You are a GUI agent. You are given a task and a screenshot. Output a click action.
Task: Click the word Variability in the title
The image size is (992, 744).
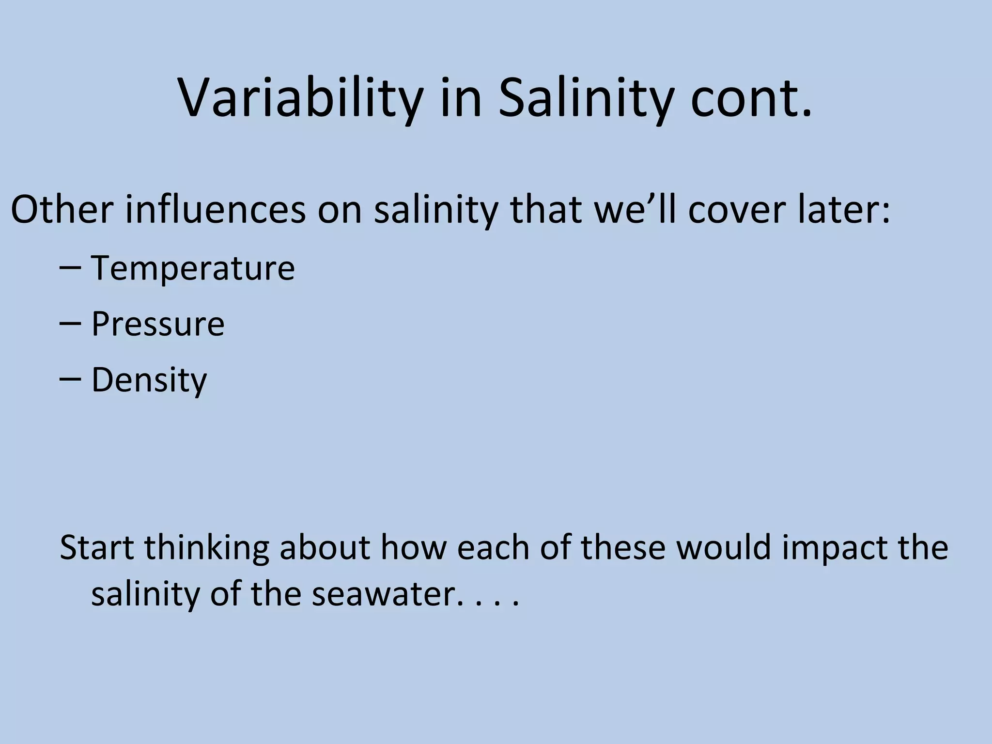pos(300,99)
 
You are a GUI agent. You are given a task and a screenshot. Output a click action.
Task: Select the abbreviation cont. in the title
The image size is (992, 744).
pos(751,99)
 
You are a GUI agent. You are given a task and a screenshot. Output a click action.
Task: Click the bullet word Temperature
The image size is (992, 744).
pos(193,268)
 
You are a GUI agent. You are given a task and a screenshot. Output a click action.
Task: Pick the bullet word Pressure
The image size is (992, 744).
pos(158,324)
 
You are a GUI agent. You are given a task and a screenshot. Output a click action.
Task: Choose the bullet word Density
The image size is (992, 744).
pos(149,380)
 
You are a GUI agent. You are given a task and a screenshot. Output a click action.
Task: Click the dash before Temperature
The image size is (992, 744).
pos(70,268)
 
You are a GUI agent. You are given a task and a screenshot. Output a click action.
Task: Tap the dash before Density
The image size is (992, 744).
pos(70,380)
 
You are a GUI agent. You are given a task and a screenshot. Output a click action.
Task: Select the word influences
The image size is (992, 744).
pos(216,210)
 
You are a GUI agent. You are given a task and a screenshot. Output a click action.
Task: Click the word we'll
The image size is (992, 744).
pos(635,210)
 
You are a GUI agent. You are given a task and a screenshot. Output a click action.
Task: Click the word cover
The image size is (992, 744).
pos(737,210)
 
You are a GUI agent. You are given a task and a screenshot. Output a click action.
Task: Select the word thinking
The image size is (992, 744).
pos(206,548)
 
